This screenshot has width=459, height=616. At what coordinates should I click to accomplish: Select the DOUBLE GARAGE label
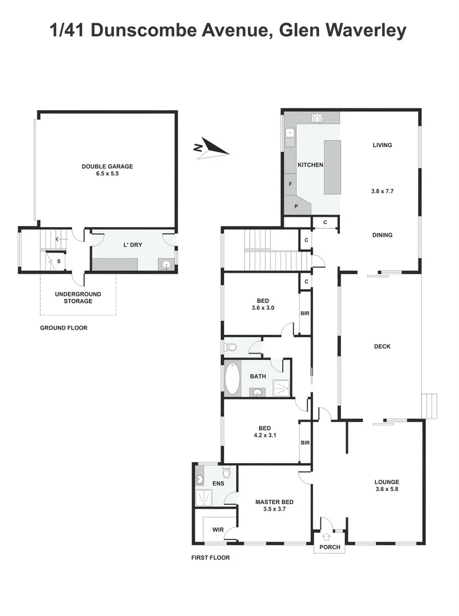[107, 167]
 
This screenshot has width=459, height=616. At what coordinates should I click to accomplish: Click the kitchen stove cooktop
[317, 119]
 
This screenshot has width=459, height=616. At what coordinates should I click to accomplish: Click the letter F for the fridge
[290, 184]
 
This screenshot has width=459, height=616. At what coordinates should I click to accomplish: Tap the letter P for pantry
[296, 206]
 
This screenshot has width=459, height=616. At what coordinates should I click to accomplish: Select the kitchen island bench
[332, 168]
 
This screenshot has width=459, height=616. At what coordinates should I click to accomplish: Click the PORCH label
[330, 547]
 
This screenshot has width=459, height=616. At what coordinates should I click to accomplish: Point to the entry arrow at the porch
[326, 536]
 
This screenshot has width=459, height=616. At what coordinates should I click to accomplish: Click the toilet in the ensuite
[226, 472]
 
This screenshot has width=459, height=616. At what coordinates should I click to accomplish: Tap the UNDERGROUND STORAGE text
[78, 297]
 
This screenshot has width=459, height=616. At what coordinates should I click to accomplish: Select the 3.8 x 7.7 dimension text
[382, 192]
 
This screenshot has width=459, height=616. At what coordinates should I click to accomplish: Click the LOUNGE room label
[387, 481]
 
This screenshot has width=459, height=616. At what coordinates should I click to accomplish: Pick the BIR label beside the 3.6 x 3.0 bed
[305, 313]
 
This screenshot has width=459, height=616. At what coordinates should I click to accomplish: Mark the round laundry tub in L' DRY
[166, 264]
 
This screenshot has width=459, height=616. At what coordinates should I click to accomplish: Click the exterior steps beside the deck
[429, 406]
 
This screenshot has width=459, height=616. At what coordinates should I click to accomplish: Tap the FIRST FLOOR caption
[210, 558]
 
